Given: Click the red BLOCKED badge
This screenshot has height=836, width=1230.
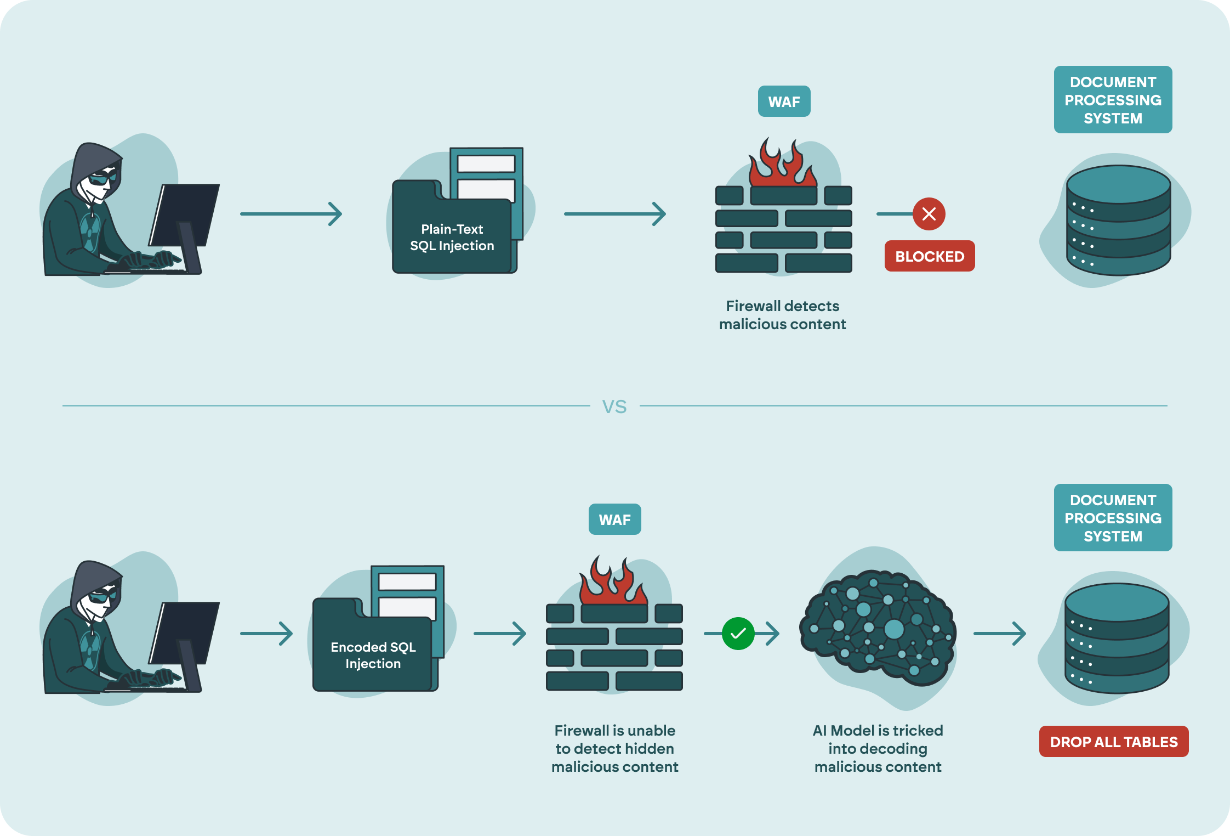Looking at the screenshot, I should pyautogui.click(x=929, y=256).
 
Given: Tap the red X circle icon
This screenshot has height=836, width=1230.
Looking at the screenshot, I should pyautogui.click(x=929, y=214).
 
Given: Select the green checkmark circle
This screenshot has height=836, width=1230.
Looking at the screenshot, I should pyautogui.click(x=738, y=634).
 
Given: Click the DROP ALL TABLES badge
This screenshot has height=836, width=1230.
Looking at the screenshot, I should pyautogui.click(x=1113, y=742).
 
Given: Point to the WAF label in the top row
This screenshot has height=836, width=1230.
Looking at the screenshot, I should pyautogui.click(x=784, y=101).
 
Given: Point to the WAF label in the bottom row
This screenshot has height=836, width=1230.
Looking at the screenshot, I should pyautogui.click(x=614, y=519).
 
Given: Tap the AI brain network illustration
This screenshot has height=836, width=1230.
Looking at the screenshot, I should pyautogui.click(x=877, y=628).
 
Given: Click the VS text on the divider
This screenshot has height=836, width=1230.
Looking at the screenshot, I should pyautogui.click(x=614, y=406).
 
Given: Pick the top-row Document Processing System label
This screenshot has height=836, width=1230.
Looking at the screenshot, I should pyautogui.click(x=1113, y=100).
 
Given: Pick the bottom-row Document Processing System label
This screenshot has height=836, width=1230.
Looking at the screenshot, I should pyautogui.click(x=1113, y=518).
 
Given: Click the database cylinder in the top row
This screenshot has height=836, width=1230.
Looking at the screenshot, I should pyautogui.click(x=1118, y=219).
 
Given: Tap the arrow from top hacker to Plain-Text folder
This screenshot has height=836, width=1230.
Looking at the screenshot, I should pyautogui.click(x=291, y=214).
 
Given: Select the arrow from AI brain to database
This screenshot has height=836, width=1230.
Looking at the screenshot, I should pyautogui.click(x=999, y=634).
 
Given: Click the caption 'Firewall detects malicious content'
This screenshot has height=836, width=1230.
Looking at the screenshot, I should pyautogui.click(x=782, y=315).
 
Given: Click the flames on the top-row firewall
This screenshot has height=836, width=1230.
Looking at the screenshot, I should pyautogui.click(x=783, y=165).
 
